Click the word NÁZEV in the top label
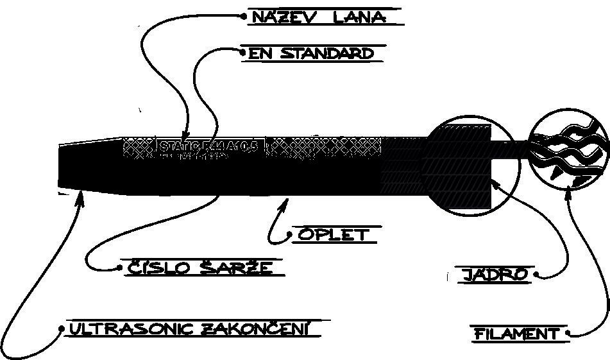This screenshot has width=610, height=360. pyautogui.click(x=284, y=17)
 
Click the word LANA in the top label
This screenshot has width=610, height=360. pyautogui.click(x=360, y=17)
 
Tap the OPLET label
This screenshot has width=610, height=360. pyautogui.click(x=332, y=235)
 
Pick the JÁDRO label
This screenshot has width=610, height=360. pyautogui.click(x=496, y=275)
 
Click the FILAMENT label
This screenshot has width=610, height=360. pyautogui.click(x=517, y=334)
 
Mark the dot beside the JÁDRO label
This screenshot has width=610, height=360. pyautogui.click(x=536, y=276)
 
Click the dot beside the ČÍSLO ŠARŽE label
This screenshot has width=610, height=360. pyautogui.click(x=120, y=267)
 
